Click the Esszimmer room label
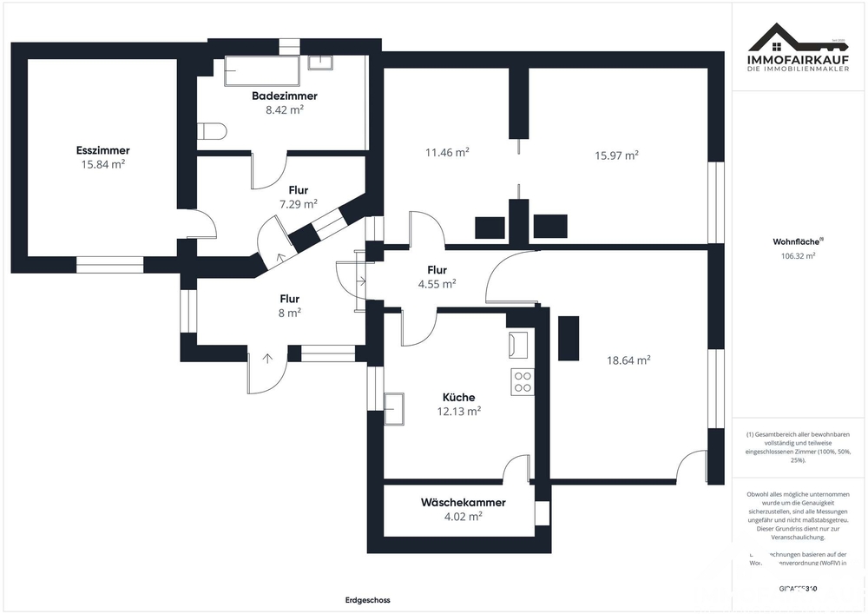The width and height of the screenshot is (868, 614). (102, 150)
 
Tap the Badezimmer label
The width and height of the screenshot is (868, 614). (285, 96)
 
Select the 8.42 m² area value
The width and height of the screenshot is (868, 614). (285, 110)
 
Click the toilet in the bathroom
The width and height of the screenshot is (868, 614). (211, 131)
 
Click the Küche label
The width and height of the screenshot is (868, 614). (458, 397)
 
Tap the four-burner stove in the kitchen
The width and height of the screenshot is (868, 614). (523, 382)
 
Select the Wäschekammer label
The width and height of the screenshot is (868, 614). (463, 502)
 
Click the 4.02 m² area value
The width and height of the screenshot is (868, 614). (463, 516)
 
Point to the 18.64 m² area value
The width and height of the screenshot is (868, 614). (628, 359)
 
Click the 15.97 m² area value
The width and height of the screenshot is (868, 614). (616, 155)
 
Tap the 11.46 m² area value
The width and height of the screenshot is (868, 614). (447, 151)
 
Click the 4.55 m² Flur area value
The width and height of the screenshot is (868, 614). (437, 283)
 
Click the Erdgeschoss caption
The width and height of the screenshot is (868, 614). (368, 600)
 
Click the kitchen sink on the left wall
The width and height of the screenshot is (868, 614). (394, 407)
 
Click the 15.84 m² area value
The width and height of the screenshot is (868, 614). (102, 164)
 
